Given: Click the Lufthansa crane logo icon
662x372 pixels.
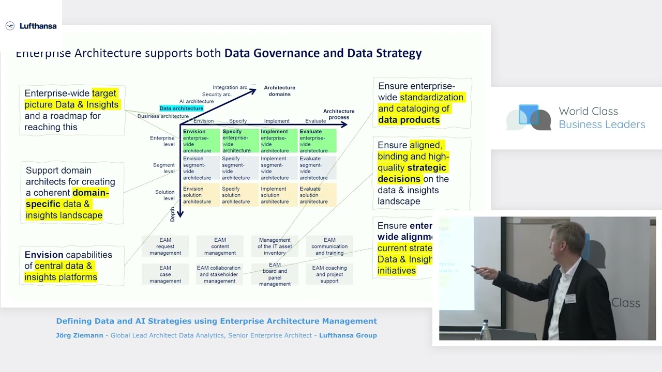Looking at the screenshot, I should point(10,26).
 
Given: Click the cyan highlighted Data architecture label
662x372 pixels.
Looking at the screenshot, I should point(181,109).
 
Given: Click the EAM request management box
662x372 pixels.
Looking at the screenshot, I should point(165,246).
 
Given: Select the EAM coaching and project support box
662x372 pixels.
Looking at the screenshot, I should point(329,274).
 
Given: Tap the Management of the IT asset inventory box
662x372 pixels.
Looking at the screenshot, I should point(275,246).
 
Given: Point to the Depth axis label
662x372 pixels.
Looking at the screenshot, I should point(173,214).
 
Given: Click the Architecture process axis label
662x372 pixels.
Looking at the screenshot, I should point(339,114).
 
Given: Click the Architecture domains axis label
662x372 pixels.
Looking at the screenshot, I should point(279,91).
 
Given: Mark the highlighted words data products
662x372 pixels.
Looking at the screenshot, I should point(409,120).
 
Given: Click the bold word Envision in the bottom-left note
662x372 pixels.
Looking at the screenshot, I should point(44,255).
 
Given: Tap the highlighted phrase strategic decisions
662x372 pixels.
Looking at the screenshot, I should point(412,174).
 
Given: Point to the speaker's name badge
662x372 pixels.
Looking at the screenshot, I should point(570,299).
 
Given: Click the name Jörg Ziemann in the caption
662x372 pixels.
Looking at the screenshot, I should point(79,335).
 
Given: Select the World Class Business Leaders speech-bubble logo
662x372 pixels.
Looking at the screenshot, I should point(529,117).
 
